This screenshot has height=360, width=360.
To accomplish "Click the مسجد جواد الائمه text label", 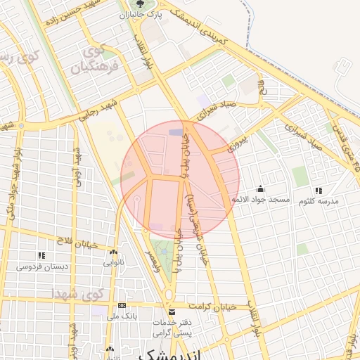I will point(261,200).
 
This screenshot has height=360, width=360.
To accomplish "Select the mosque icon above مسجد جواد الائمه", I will point(261,188).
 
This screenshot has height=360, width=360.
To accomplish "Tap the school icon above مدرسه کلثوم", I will point(319,190).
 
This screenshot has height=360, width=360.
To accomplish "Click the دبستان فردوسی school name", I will point(41,266).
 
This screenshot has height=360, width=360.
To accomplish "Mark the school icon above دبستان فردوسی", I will point(41,255).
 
